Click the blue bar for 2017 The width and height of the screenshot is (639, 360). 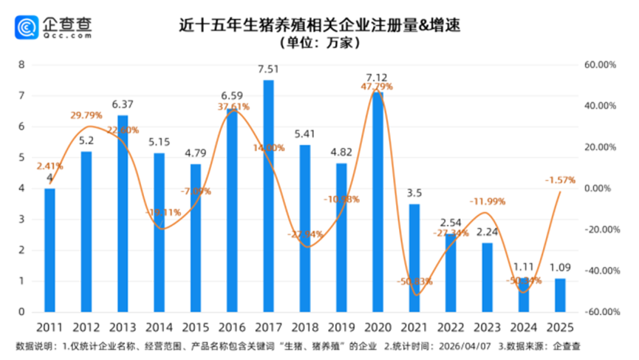pyautogui.click(x=269, y=196)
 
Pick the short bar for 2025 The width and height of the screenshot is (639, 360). pyautogui.click(x=560, y=295)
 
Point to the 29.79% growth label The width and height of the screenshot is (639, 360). pyautogui.click(x=86, y=115)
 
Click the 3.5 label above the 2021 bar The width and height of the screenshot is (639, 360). pyautogui.click(x=414, y=193)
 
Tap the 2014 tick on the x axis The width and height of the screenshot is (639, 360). pyautogui.click(x=159, y=327)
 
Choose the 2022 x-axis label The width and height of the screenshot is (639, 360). pyautogui.click(x=451, y=327)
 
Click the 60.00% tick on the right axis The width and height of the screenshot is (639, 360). pyautogui.click(x=601, y=65)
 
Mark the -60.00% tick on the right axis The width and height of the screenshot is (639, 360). pyautogui.click(x=599, y=312)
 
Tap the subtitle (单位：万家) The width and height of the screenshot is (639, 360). pyautogui.click(x=319, y=44)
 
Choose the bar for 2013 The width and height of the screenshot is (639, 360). pyautogui.click(x=123, y=214)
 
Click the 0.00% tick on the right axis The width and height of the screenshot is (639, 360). pyautogui.click(x=602, y=189)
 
